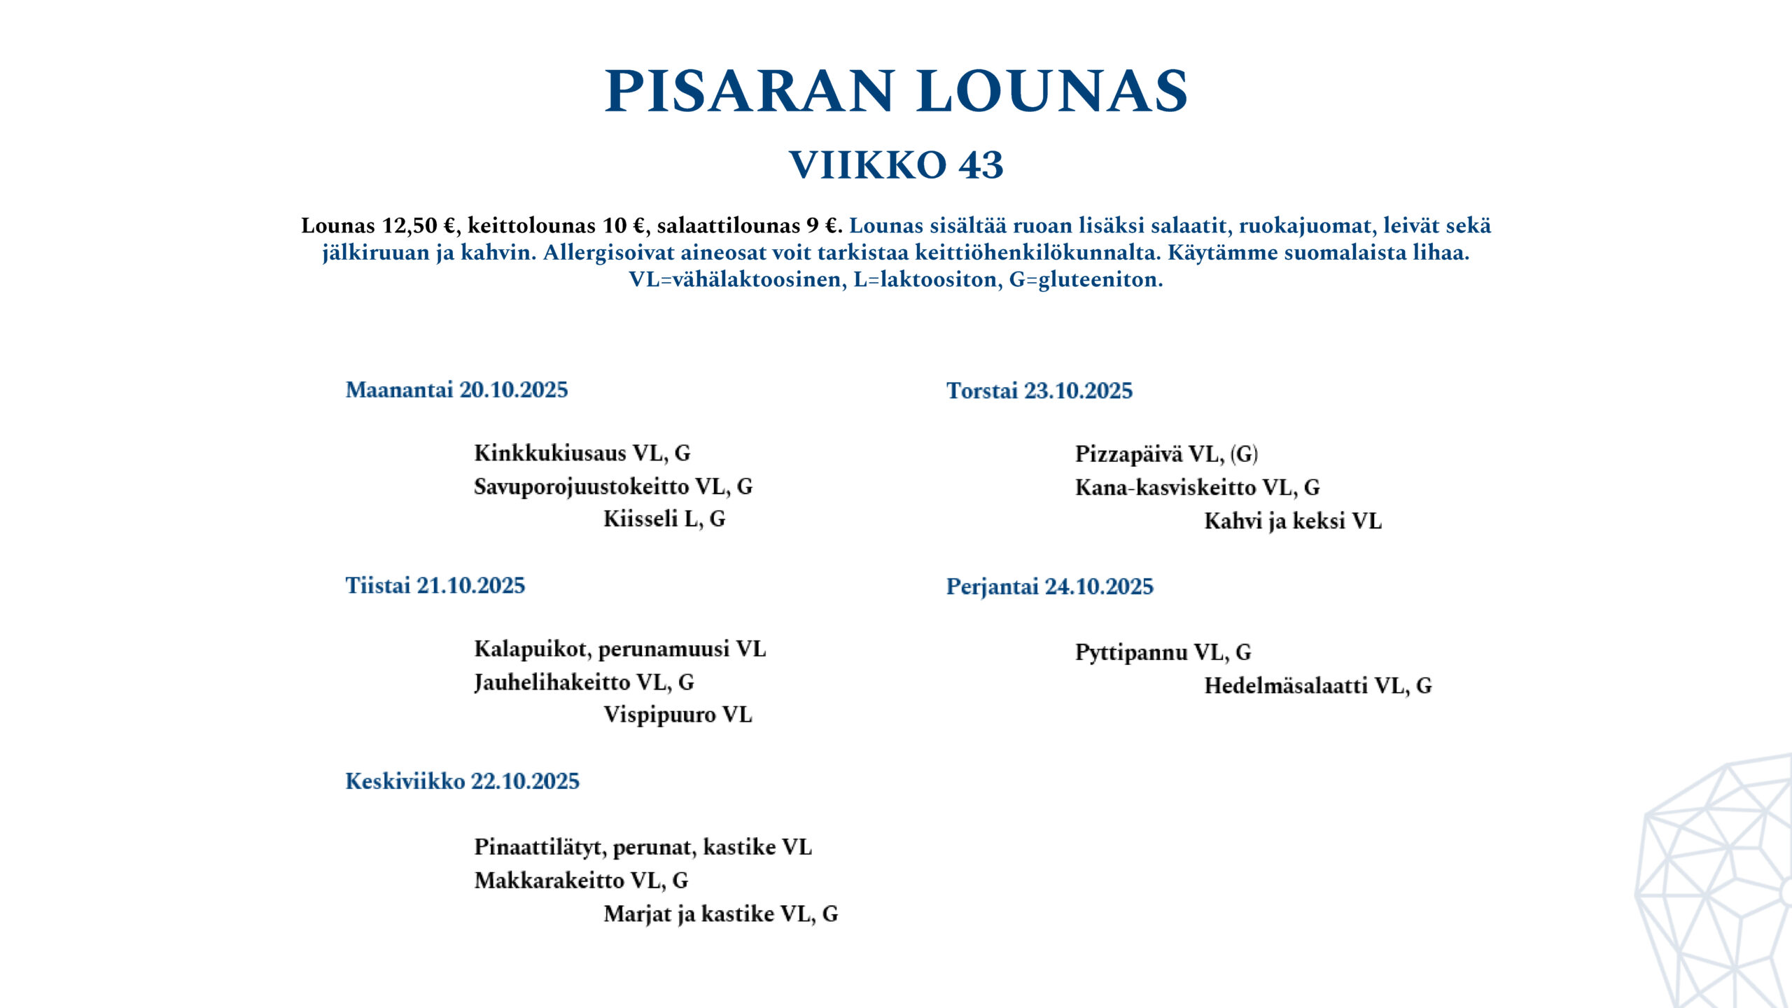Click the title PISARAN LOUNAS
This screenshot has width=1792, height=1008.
896,91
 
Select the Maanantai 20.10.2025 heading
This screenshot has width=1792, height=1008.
456,390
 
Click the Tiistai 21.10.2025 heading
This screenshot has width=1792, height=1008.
435,585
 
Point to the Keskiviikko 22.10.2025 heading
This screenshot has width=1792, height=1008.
462,781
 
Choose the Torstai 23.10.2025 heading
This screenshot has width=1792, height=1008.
1039,391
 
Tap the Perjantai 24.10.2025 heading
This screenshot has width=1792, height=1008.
1049,587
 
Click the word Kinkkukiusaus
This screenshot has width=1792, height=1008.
549,453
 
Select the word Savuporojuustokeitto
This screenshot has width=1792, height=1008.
580,486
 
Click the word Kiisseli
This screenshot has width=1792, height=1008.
640,519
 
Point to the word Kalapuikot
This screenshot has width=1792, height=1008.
530,649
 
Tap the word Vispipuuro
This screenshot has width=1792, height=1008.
659,715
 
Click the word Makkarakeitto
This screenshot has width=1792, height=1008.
549,880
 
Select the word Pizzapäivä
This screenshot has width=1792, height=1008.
1129,454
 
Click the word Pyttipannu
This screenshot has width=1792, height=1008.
1131,652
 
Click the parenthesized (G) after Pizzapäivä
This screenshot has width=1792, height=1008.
1244,454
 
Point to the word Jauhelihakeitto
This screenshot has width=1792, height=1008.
552,682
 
